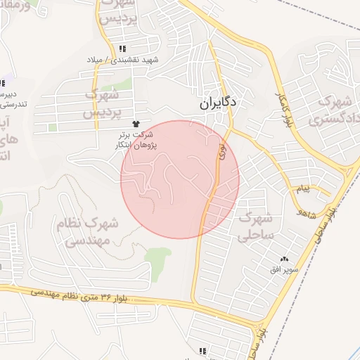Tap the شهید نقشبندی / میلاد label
click(x=122, y=60)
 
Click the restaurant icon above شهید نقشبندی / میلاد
click(x=122, y=49)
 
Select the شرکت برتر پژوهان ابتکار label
click(x=136, y=139)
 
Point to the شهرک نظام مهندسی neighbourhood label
click(x=88, y=232)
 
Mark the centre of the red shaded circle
click(x=180, y=179)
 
